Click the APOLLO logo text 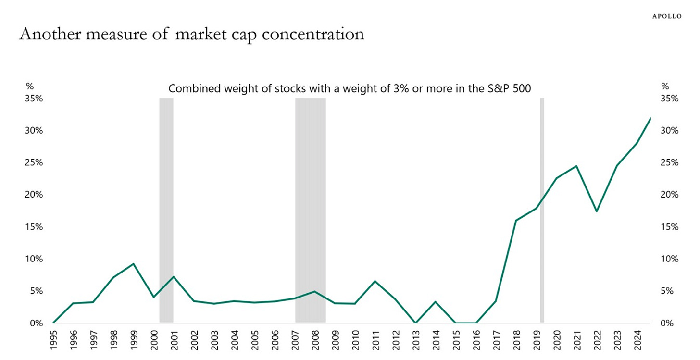pos(666,16)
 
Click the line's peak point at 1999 pos(133,264)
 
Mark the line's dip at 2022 pos(597,211)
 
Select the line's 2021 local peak pos(576,166)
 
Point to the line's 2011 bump pos(375,281)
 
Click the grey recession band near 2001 pos(166,210)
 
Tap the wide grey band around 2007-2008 pos(310,210)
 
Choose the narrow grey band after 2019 pos(542,210)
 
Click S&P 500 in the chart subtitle pos(510,89)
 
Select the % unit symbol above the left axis pos(30,87)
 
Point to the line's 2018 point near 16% pos(516,221)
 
